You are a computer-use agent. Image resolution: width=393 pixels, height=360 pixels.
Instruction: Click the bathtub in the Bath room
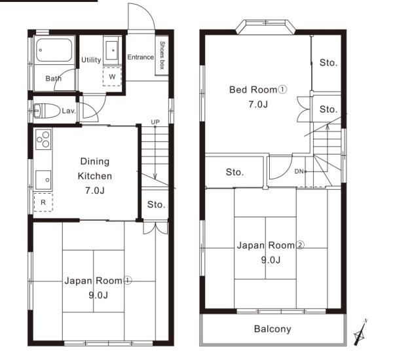54,50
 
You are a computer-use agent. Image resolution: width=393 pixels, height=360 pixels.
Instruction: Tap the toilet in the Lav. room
47,111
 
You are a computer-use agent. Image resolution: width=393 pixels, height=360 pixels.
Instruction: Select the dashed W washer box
112,77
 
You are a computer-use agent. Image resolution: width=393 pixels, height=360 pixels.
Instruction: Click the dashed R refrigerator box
43,202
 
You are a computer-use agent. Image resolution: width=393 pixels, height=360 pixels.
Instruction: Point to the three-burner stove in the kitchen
43,139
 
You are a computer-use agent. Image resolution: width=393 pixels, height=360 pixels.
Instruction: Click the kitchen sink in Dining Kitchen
43,180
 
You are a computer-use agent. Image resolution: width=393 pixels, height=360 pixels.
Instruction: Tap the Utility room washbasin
112,50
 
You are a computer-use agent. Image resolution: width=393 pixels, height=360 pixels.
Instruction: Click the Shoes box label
162,56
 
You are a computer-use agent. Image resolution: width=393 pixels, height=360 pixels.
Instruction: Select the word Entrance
141,57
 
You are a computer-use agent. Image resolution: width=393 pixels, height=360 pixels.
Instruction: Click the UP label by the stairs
155,122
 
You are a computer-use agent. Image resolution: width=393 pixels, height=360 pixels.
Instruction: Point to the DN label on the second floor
299,171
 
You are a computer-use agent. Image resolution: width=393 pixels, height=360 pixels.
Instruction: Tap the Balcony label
272,329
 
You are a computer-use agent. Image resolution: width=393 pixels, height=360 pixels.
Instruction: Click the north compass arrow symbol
361,333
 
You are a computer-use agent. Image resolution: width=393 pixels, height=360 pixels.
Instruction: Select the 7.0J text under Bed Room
258,104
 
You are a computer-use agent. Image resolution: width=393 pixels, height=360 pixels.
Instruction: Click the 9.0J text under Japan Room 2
271,260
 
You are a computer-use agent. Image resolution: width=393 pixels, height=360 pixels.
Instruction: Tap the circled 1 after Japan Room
128,281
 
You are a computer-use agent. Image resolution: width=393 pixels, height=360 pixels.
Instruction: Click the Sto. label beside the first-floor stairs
156,205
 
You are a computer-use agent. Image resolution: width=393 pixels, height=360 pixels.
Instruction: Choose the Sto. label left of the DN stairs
234,172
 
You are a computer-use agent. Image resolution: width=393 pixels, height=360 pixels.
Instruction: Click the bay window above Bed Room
266,27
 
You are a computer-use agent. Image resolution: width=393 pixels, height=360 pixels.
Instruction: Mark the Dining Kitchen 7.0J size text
95,190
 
